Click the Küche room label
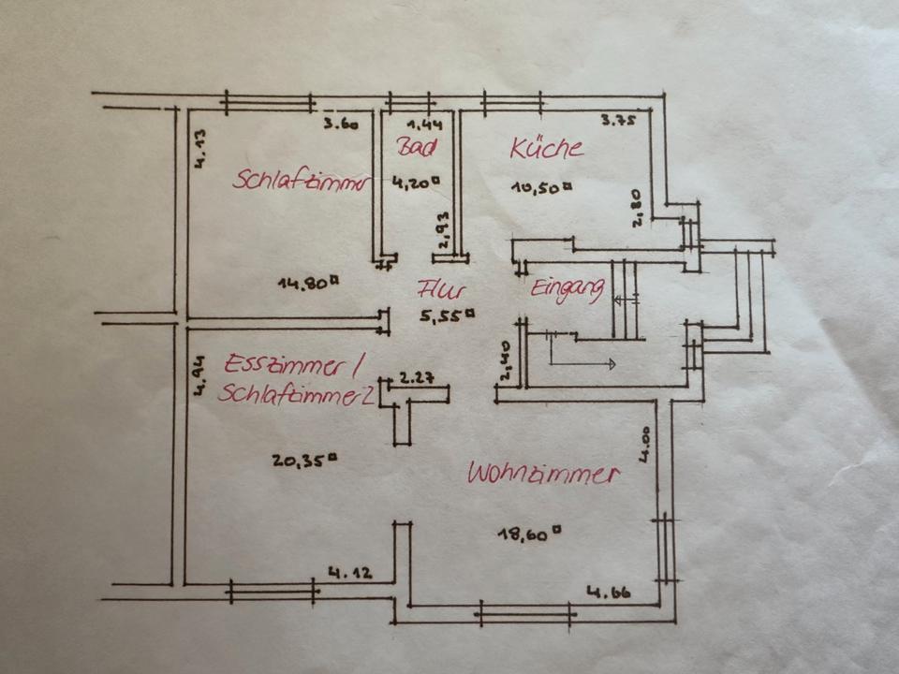[547, 148]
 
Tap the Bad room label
[416, 147]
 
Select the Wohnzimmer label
[544, 474]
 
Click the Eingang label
[567, 289]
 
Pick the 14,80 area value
[308, 281]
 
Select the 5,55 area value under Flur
[449, 316]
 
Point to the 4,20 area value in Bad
[416, 183]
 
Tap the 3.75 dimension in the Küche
[618, 120]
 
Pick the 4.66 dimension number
[608, 592]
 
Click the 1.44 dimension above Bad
[424, 124]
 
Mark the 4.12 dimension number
[346, 572]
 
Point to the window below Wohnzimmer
[524, 615]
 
